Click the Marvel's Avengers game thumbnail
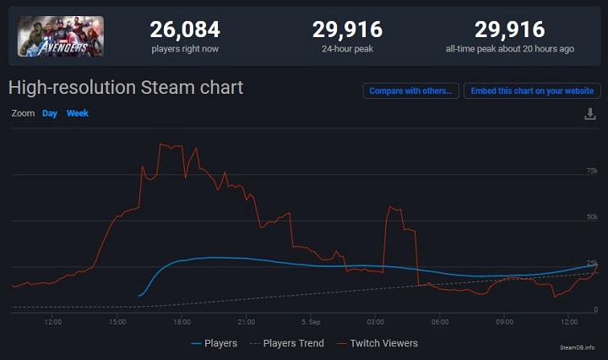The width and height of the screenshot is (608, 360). pyautogui.click(x=61, y=35)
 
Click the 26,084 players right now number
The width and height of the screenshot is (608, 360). pyautogui.click(x=185, y=30)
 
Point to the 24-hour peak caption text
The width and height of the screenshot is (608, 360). pyautogui.click(x=347, y=49)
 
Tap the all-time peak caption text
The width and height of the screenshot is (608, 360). pyautogui.click(x=509, y=49)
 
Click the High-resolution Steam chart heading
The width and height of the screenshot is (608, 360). pyautogui.click(x=126, y=87)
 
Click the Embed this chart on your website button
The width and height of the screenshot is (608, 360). pyautogui.click(x=531, y=90)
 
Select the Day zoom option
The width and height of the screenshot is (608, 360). pyautogui.click(x=50, y=113)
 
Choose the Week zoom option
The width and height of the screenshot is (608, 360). pyautogui.click(x=78, y=113)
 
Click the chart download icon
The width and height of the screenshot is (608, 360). pyautogui.click(x=590, y=114)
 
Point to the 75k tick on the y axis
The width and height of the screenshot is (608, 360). pyautogui.click(x=591, y=172)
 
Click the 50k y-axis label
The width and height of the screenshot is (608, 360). pyautogui.click(x=591, y=217)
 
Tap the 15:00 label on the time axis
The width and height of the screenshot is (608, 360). pyautogui.click(x=117, y=322)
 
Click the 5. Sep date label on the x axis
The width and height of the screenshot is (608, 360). pyautogui.click(x=310, y=322)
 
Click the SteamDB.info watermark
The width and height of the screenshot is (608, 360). pyautogui.click(x=577, y=347)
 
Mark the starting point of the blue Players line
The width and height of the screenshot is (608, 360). pyautogui.click(x=138, y=296)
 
